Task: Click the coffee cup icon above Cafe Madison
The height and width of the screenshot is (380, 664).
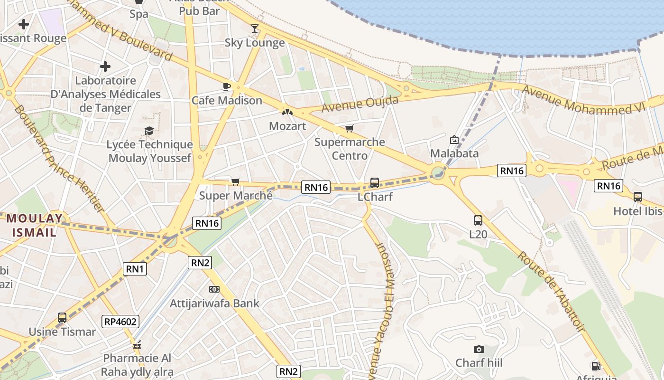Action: (x=227, y=86)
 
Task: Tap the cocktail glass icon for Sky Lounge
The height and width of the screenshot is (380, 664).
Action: (x=255, y=28)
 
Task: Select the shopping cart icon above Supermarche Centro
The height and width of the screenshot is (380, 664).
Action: (x=350, y=128)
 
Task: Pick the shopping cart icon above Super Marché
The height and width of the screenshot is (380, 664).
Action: (x=235, y=181)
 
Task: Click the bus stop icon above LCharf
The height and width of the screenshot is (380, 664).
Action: (x=374, y=182)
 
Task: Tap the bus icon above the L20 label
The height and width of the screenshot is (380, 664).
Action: (x=478, y=220)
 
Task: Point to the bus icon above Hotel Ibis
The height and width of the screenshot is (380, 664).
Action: (x=638, y=197)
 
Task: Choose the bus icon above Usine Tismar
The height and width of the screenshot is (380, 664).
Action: (x=62, y=318)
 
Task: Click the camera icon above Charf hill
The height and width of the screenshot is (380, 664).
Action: (x=479, y=350)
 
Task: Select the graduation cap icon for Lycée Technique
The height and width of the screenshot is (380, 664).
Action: (x=149, y=131)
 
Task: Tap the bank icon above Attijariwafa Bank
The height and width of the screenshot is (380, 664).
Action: (x=214, y=289)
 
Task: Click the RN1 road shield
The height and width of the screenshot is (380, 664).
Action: (x=135, y=269)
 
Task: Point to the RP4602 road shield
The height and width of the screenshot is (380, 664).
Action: (x=120, y=322)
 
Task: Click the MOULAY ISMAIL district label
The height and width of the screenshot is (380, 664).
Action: (x=34, y=225)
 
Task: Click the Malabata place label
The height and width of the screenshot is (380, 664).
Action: (x=454, y=153)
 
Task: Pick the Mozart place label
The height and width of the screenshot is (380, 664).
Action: (x=287, y=126)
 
